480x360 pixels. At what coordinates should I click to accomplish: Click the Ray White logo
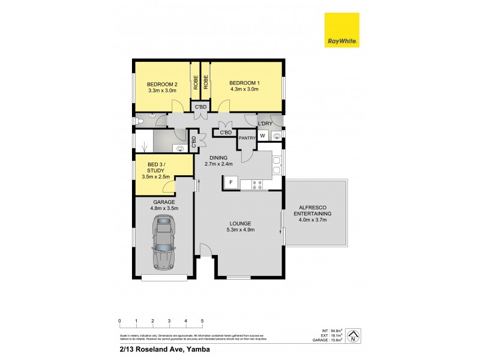pos(342,30)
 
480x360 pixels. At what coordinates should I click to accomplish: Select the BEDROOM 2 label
pos(163,83)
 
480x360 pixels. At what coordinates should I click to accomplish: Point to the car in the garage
pos(163,241)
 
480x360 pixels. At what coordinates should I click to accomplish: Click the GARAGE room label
pos(163,202)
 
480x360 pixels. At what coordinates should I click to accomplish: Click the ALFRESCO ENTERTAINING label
pos(316,213)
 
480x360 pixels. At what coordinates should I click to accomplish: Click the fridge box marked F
pos(230,182)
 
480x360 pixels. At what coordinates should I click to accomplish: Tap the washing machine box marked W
pos(262,136)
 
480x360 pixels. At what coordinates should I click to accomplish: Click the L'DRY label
pos(266,124)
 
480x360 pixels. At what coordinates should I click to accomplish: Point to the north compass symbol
pos(354,336)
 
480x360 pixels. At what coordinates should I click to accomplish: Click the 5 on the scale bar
pos(202,320)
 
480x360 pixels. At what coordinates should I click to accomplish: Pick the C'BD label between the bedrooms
pos(200,107)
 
